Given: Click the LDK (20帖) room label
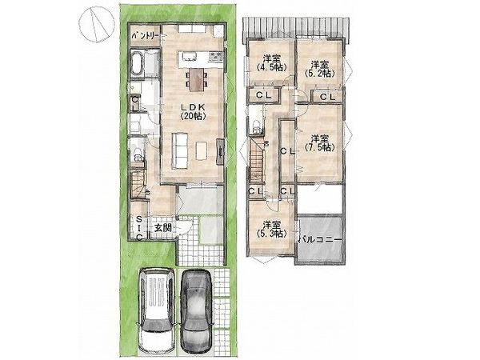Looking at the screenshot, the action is point(193,111).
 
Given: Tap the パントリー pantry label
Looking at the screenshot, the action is point(145,36).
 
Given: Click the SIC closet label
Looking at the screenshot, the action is point(138,228).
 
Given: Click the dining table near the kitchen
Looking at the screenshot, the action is point(196,79).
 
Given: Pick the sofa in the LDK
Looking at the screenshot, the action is point(179,150).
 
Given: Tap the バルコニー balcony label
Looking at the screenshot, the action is point(319,239).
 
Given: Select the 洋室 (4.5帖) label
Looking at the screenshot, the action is point(272,62).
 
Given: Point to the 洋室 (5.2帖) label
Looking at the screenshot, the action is point(319,69).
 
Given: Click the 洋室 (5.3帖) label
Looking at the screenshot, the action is point(272,230).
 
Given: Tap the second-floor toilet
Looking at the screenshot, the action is point(256,126).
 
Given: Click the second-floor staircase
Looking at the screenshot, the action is point(257,162).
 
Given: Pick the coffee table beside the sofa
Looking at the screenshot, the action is point(202,150).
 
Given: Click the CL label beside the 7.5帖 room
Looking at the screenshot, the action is point(288,151).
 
